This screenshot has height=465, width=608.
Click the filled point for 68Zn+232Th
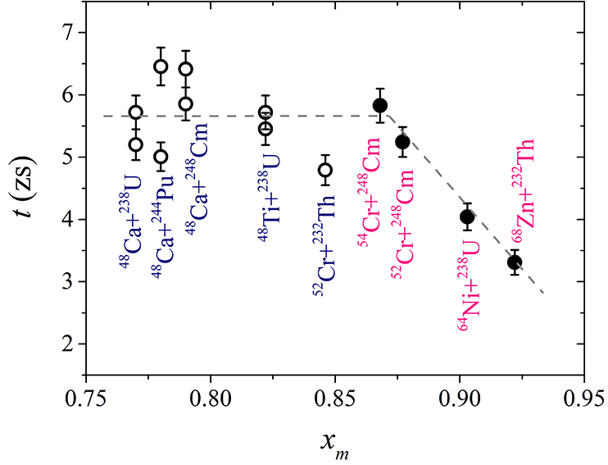click(x=515, y=262)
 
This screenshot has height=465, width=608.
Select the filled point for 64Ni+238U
click(x=467, y=217)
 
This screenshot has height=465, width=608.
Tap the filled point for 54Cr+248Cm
click(x=379, y=105)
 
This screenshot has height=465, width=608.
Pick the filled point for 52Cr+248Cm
click(x=402, y=142)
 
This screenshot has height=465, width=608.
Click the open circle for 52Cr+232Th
click(x=325, y=170)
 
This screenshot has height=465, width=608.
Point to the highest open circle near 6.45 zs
click(x=161, y=66)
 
